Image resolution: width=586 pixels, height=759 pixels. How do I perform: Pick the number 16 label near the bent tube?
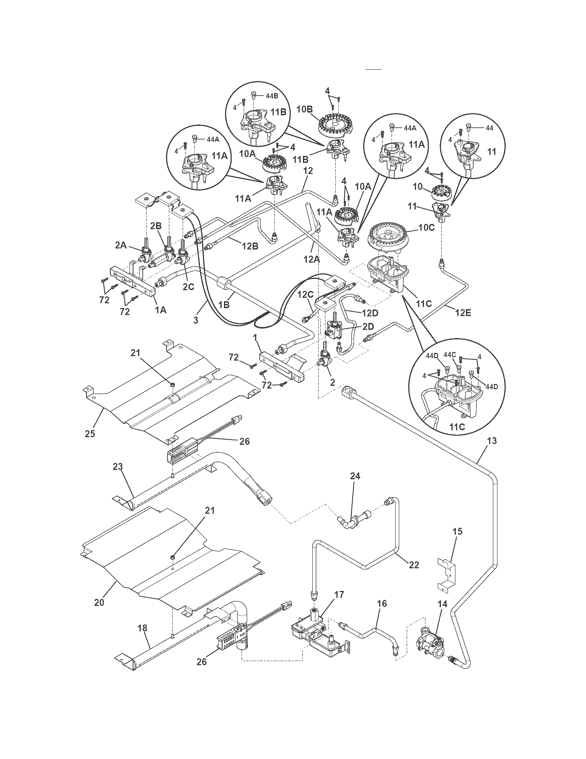coord(382,603)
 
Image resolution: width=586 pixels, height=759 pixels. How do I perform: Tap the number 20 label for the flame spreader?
coord(99,603)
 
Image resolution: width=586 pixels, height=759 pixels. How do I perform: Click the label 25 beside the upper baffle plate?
coord(90,434)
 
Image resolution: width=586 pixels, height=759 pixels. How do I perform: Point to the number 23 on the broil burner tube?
coord(118,467)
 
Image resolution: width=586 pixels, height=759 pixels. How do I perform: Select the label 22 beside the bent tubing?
coord(414,565)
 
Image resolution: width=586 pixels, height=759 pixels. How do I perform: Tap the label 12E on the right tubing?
coord(463,313)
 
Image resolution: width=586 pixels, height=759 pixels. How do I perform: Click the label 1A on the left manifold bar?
coord(160,310)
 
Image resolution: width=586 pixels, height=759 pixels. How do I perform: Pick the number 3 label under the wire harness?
coord(196,320)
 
